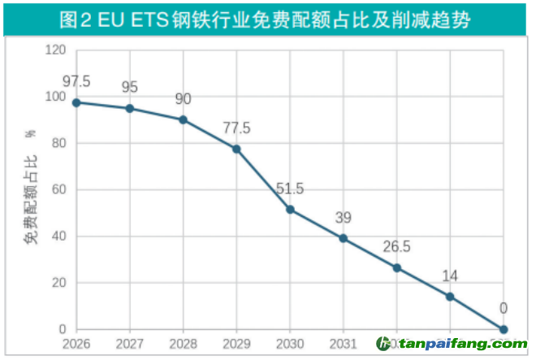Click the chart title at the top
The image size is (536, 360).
(x=268, y=18)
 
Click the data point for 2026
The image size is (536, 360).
(x=76, y=102)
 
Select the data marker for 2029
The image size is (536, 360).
(x=236, y=149)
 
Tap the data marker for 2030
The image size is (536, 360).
(x=290, y=210)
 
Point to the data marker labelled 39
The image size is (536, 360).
(x=344, y=238)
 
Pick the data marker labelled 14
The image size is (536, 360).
(x=450, y=297)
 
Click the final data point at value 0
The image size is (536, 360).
(x=504, y=329)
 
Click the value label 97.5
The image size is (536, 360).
(x=76, y=81)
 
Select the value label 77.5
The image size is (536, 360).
(x=236, y=128)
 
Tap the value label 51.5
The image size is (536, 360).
(x=290, y=189)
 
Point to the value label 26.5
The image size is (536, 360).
(x=397, y=246)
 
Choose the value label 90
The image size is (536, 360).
(x=184, y=99)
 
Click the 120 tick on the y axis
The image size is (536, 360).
(x=55, y=50)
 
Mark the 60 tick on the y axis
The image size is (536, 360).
(x=58, y=190)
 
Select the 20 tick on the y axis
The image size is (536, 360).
(x=58, y=284)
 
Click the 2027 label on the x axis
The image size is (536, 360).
(x=130, y=345)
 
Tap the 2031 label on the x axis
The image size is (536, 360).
(x=344, y=345)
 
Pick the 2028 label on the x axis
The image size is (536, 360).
(x=184, y=345)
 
